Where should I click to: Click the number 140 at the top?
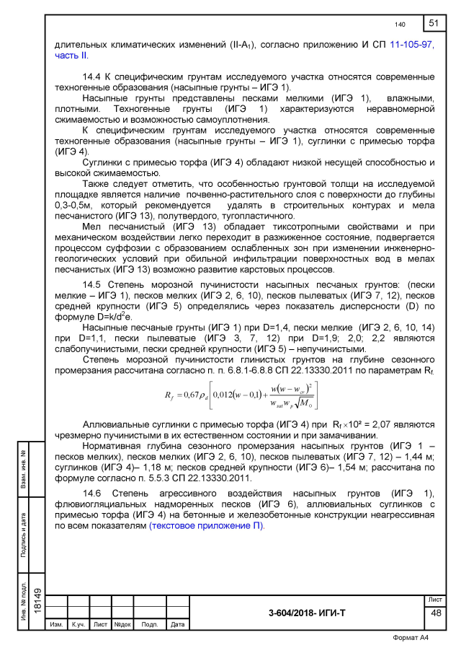coord(400,25)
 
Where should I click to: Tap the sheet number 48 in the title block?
coord(435,613)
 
